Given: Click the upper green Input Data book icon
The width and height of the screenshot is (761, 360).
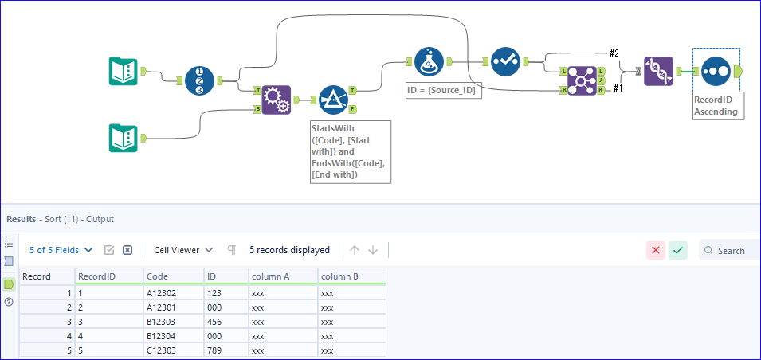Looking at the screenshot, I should (124, 72).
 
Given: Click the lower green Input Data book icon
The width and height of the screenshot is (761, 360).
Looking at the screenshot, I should (124, 137).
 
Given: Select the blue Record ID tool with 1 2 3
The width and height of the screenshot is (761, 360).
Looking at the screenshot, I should (199, 80).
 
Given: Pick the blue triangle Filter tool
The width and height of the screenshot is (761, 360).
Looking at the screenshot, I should (334, 100).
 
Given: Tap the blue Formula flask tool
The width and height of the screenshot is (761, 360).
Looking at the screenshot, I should (430, 61).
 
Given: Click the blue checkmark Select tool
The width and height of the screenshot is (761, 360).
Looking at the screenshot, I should (505, 61).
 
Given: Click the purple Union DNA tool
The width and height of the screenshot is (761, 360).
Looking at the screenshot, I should (658, 72).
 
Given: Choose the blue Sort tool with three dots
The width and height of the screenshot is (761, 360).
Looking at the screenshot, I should (716, 72).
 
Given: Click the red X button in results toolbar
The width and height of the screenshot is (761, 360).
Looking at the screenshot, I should (656, 250).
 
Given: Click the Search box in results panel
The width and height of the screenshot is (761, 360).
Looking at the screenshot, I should (729, 250).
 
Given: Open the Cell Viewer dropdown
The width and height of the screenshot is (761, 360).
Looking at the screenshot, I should (182, 250).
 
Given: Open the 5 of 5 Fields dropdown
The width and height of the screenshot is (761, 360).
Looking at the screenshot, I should (61, 250).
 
